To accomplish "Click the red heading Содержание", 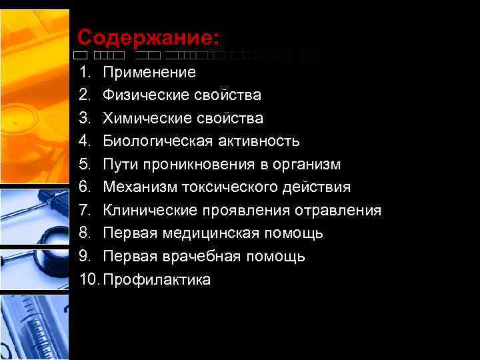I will tap(148, 36).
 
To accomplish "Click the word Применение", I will tap(149, 72).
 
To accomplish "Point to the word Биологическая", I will tap(158, 141).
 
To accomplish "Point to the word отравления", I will tap(341, 211).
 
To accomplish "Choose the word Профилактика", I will tap(157, 279).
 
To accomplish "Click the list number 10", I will tap(89, 279).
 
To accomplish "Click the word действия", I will tap(322, 187).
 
